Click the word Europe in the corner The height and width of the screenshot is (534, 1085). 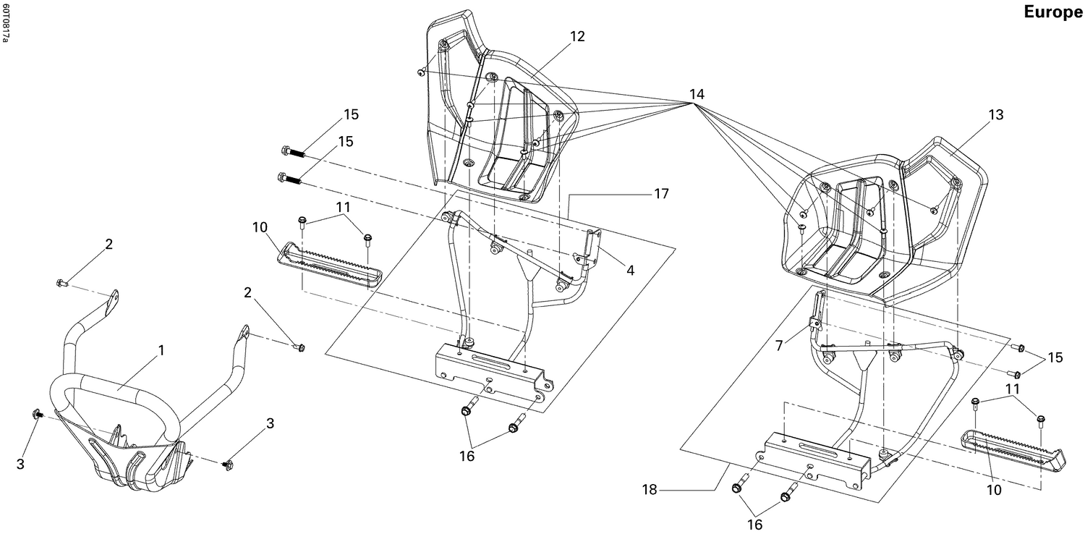coord(1052,13)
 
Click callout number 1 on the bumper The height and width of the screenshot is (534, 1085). coord(161,350)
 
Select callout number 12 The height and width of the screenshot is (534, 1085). coord(577,36)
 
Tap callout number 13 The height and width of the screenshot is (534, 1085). coord(996,115)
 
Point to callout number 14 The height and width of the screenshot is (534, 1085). coord(696,95)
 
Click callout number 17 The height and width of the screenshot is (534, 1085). coord(660,194)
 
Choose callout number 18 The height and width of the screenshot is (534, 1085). coord(650,490)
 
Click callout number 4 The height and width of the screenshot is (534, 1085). coord(630,270)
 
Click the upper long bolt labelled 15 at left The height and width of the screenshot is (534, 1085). coord(294,151)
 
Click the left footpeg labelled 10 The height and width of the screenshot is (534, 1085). coord(330,265)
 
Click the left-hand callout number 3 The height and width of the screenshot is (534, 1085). coord(20,464)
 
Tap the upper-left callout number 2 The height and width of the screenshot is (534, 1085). coord(109,244)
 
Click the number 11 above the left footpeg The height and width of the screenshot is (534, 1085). coord(344,207)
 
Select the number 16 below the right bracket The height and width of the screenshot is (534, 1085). coord(754,525)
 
